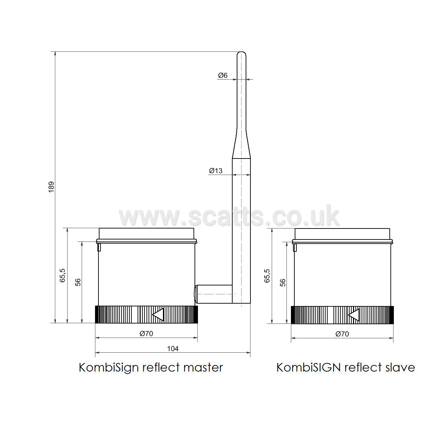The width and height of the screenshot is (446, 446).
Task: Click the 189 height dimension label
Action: pos(51,187)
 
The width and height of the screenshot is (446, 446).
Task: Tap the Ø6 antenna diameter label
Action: pos(223,75)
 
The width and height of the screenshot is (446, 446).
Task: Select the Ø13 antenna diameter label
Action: pos(215,171)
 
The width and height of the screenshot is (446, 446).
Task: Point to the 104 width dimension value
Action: pos(173,349)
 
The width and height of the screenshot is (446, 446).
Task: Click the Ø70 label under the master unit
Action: pos(146,333)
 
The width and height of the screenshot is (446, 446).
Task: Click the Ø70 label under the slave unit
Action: pos(342,334)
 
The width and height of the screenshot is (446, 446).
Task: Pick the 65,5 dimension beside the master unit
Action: pos(62,275)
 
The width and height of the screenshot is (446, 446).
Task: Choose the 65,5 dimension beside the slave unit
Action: pos(267,276)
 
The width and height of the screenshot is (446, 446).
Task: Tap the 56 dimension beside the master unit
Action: pos(78,282)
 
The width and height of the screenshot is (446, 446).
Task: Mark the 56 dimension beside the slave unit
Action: pos(283,283)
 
